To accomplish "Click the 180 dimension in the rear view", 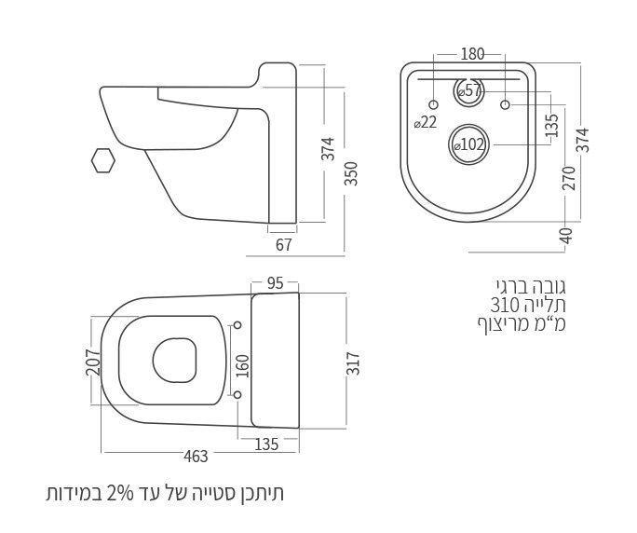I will pos(472,54).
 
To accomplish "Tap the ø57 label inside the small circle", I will pos(470,91).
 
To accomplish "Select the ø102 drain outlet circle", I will pos(469,144).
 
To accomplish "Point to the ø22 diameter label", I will pos(426,122).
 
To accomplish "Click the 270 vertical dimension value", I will pos(568,177).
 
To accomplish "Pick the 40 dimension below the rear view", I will pos(567,236).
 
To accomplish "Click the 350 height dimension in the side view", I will pos(351,173).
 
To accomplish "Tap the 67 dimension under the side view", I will pos(284,245).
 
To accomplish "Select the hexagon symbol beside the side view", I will pos(103,160).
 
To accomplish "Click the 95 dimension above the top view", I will pos(275,283).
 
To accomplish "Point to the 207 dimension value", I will pos(93,362).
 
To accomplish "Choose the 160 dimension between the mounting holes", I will pos(243,363).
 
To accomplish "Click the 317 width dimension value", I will pos(353,363).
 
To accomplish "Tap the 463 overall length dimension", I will pos(196,457).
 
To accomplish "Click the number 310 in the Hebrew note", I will pos(505,305).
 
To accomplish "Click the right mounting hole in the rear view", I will pos(505,104).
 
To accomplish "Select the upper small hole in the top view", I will pos(237,325).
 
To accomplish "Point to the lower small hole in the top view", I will pos(237,395).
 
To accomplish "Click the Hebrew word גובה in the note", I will pos(549,285).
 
